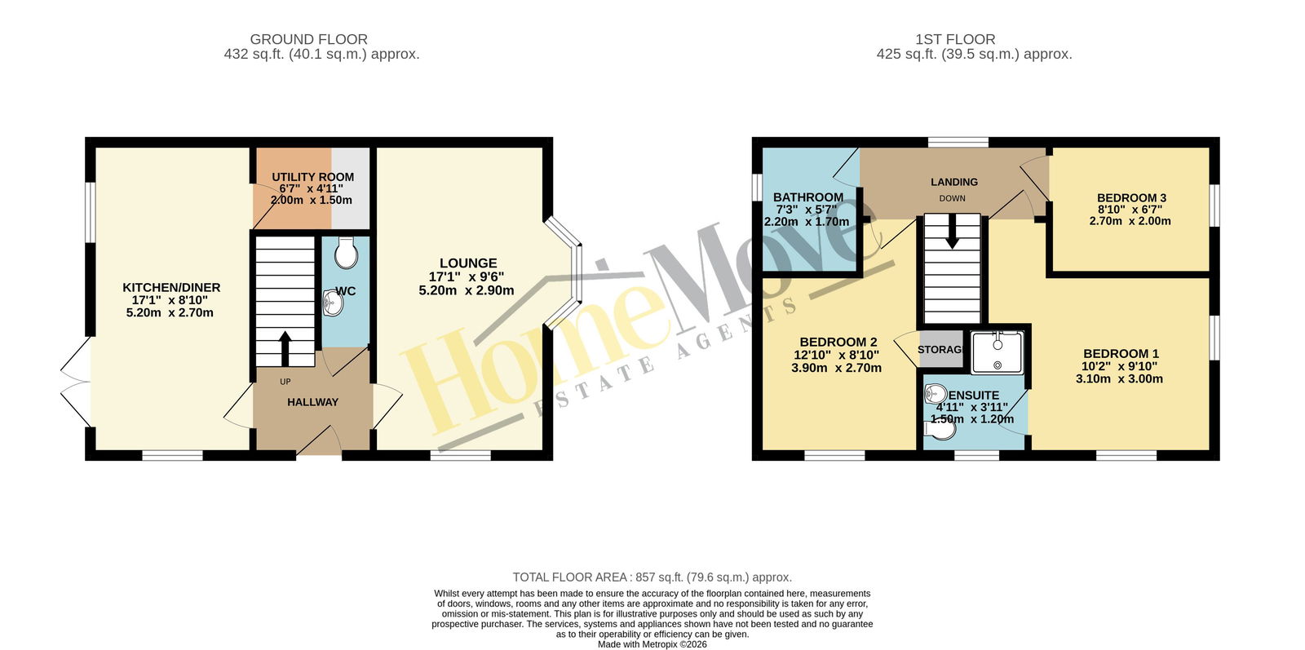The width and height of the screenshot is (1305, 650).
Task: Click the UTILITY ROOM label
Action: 313,177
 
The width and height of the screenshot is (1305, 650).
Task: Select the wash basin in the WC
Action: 332,303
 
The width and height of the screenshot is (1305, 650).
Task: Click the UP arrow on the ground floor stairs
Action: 285,348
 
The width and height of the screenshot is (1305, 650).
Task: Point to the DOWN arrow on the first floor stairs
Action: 952,231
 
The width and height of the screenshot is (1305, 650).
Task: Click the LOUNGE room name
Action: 468,263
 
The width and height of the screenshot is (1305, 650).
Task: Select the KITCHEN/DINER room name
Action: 171,288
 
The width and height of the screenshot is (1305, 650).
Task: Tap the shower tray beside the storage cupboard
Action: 998,352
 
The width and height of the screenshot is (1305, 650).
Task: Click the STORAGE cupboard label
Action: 940,349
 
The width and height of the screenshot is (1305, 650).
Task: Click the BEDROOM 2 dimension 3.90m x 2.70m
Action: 836,368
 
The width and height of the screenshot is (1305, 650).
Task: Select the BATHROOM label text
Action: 808,197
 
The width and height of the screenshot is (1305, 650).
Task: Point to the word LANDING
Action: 954,183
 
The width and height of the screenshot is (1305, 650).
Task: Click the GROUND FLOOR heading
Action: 309,40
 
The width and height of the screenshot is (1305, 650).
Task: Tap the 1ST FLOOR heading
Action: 955,40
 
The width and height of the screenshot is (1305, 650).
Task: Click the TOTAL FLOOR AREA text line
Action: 652,577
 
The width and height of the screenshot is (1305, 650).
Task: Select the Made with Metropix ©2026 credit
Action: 652,644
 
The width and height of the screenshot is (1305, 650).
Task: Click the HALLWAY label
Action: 313,402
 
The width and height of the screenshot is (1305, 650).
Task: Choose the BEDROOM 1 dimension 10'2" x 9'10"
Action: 1120,366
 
